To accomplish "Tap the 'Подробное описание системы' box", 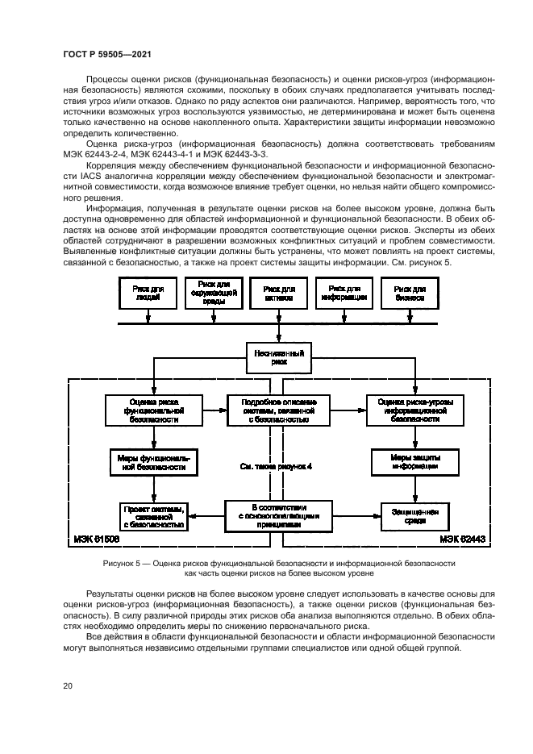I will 278,410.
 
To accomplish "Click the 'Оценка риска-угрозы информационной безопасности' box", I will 414,410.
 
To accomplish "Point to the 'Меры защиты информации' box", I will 414,461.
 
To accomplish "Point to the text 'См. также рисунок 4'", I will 277,466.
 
